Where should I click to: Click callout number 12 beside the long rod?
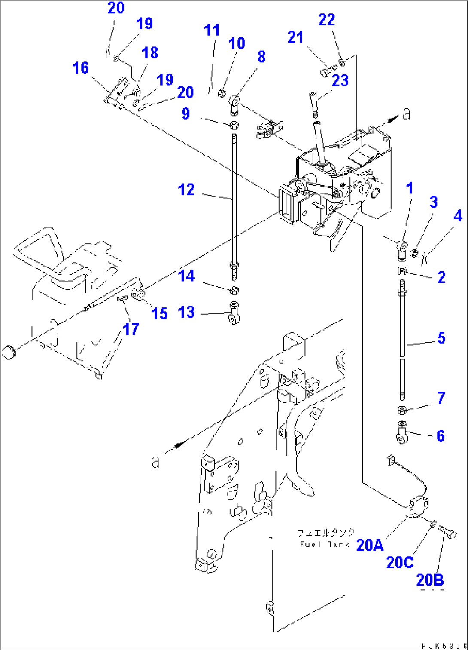pos(186,190)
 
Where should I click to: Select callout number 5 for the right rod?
pos(441,338)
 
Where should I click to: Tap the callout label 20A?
pos(370,545)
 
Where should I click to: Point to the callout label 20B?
pos(430,579)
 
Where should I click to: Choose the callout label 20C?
pos(400,562)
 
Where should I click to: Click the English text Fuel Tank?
pos(325,544)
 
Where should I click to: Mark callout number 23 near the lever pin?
pos(340,80)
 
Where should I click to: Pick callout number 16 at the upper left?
pos(80,67)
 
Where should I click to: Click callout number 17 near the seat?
pos(131,329)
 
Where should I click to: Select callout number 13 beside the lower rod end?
pos(186,312)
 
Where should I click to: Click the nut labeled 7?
pos(402,410)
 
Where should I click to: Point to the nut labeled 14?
pos(234,290)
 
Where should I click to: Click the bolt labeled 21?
pos(328,70)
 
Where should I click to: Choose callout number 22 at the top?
pos(326,19)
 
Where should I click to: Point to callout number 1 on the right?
pos(410,188)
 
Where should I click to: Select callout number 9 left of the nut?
pos(185,113)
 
